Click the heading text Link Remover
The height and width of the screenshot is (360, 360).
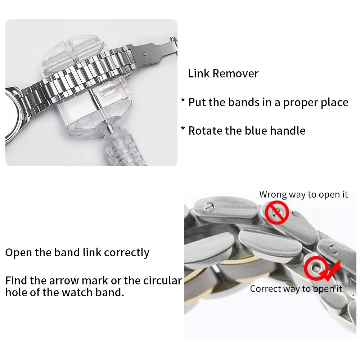point(223,73)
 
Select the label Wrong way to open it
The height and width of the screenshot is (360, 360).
point(303,195)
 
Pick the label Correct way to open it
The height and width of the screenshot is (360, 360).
point(296,289)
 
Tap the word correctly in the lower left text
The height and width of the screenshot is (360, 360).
point(126,252)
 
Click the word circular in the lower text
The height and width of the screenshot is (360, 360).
point(162,280)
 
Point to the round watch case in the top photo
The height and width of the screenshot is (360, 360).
point(14,115)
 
